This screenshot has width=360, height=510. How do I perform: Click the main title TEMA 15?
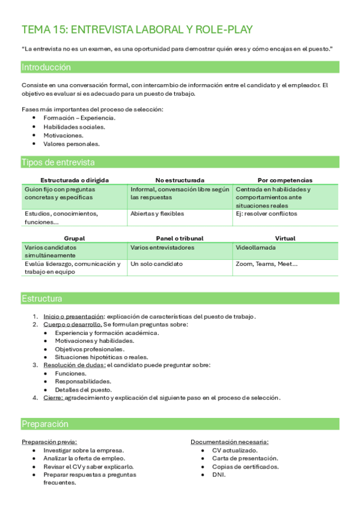click(x=137, y=29)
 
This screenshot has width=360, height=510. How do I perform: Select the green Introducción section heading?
click(x=46, y=67)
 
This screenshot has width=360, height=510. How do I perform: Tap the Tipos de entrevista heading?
click(x=58, y=162)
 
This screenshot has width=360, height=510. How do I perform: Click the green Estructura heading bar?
click(x=42, y=298)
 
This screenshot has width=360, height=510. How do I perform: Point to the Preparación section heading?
click(x=45, y=424)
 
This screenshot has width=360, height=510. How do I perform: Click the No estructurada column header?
click(x=180, y=180)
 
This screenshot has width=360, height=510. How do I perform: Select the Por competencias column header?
click(x=285, y=180)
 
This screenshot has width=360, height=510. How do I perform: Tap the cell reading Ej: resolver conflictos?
click(x=267, y=214)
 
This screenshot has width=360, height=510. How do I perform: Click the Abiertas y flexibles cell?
click(x=157, y=214)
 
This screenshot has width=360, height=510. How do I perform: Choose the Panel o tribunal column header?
click(x=180, y=238)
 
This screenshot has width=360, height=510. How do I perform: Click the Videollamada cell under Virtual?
click(x=256, y=247)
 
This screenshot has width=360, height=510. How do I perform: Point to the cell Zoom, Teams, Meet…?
click(x=267, y=264)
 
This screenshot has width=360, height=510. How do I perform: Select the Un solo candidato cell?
click(x=157, y=264)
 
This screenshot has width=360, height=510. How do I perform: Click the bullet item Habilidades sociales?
click(x=74, y=127)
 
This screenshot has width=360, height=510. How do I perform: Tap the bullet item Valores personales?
click(x=72, y=144)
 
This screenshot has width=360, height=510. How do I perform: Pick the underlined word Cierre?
click(x=53, y=398)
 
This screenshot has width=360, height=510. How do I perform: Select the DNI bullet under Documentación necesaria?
click(x=219, y=475)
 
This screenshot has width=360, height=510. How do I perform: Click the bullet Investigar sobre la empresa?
click(x=84, y=450)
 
